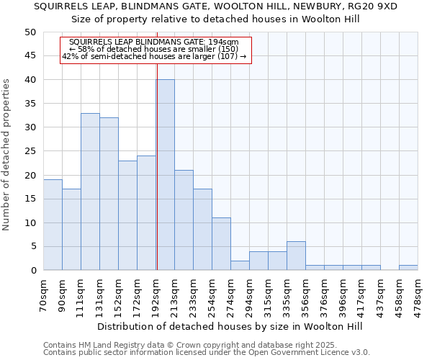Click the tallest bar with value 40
pos(165,175)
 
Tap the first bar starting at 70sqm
pos(53,225)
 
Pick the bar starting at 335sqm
pos(296,256)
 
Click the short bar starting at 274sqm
pos(240,265)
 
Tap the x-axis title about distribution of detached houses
pos(228,326)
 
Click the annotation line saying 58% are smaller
pos(155,49)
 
